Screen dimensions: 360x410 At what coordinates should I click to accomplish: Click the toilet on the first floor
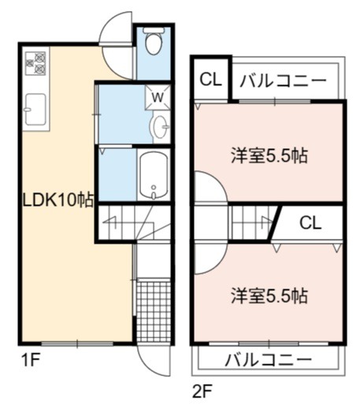154,41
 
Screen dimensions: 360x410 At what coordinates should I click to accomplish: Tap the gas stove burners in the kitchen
35,63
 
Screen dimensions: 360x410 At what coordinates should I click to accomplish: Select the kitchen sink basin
36,109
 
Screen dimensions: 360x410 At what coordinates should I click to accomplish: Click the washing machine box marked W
158,97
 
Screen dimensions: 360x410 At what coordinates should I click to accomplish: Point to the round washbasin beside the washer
159,127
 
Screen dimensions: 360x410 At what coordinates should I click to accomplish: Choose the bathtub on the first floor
154,176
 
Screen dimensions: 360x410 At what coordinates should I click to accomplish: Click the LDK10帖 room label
58,200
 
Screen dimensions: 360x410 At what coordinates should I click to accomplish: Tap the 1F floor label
31,360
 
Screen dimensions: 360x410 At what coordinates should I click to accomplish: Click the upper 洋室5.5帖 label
269,155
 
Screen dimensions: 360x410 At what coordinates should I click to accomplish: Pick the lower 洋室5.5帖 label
269,296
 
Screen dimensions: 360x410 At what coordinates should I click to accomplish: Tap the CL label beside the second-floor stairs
310,223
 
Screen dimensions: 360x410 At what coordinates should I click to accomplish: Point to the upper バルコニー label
283,81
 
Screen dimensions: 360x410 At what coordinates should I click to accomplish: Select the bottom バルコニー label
269,359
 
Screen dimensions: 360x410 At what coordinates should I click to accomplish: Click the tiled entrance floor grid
154,311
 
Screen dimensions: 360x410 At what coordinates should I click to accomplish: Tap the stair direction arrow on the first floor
110,222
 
